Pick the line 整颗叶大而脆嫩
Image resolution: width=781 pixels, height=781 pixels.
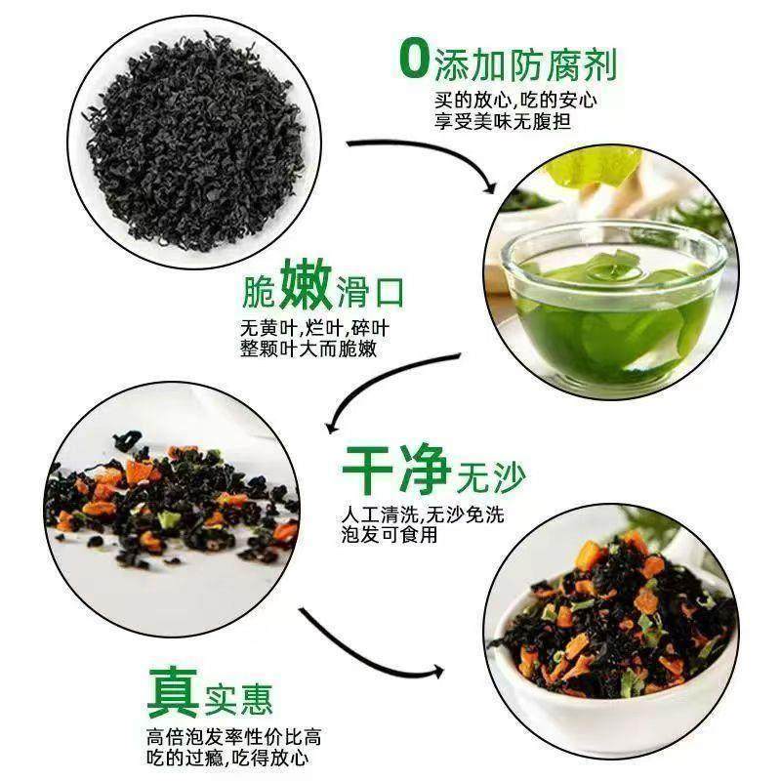coord(308,349)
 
